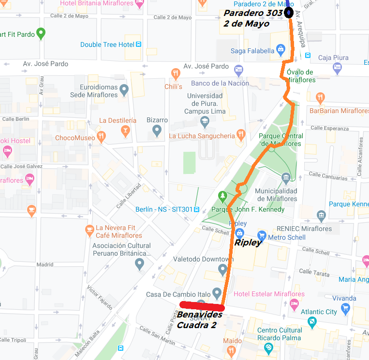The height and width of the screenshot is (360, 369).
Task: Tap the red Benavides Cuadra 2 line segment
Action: coord(202,305)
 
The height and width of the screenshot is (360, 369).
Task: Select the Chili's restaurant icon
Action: coord(176,74)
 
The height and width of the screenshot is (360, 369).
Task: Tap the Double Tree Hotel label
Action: coord(107,44)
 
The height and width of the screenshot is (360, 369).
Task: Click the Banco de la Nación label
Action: coord(220,83)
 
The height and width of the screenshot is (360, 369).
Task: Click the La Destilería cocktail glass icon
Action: coord(126,131)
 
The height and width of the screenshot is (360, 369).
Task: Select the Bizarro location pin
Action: coord(156,130)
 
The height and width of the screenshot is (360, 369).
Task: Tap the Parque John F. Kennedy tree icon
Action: coord(222,196)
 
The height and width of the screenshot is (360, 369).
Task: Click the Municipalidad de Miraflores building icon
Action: coord(286,179)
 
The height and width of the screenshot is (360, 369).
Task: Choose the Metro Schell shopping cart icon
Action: coord(262,235)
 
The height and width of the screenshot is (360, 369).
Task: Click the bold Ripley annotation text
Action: coord(248,243)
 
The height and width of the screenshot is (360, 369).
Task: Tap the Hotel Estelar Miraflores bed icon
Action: coord(294,304)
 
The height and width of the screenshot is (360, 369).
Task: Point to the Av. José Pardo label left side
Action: coord(45,64)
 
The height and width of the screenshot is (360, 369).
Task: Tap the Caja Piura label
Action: coord(333,58)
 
